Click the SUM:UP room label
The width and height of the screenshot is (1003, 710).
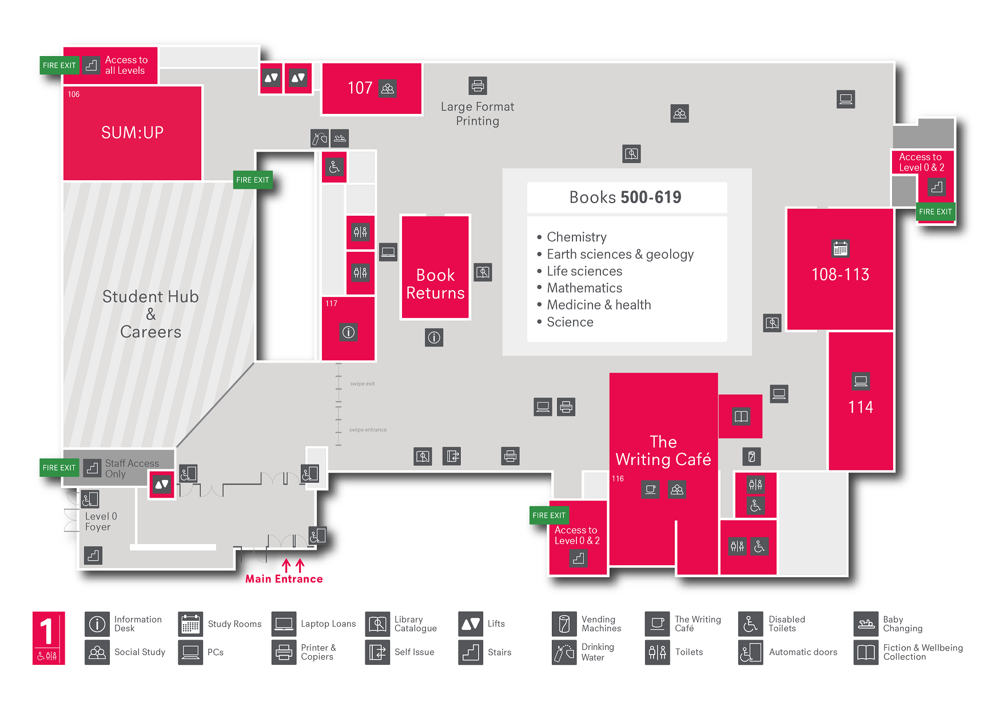click(132, 133)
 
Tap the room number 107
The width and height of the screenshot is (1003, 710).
click(360, 88)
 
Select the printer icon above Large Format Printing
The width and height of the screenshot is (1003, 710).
click(477, 86)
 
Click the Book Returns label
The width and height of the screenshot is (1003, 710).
click(435, 284)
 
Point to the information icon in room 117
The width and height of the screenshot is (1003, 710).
click(348, 332)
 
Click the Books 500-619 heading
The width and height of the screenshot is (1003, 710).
click(625, 197)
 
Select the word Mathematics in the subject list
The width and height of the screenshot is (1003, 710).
click(584, 288)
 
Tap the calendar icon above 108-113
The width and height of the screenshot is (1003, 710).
click(840, 248)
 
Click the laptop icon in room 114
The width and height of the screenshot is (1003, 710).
click(861, 381)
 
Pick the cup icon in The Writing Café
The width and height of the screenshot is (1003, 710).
click(650, 489)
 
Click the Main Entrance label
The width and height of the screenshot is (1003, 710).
click(284, 579)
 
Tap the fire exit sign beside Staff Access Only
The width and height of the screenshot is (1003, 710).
click(59, 467)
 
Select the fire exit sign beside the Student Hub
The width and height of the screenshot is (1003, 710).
click(252, 180)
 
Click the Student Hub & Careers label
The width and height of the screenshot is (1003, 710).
click(150, 314)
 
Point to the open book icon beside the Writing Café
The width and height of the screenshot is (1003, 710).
click(741, 417)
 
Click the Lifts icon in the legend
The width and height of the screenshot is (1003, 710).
click(471, 624)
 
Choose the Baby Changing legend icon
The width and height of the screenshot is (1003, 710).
click(866, 624)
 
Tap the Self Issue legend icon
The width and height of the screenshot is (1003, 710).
click(377, 652)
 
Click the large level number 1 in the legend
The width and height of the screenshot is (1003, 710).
click(47, 631)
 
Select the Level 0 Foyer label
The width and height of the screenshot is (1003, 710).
click(101, 521)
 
